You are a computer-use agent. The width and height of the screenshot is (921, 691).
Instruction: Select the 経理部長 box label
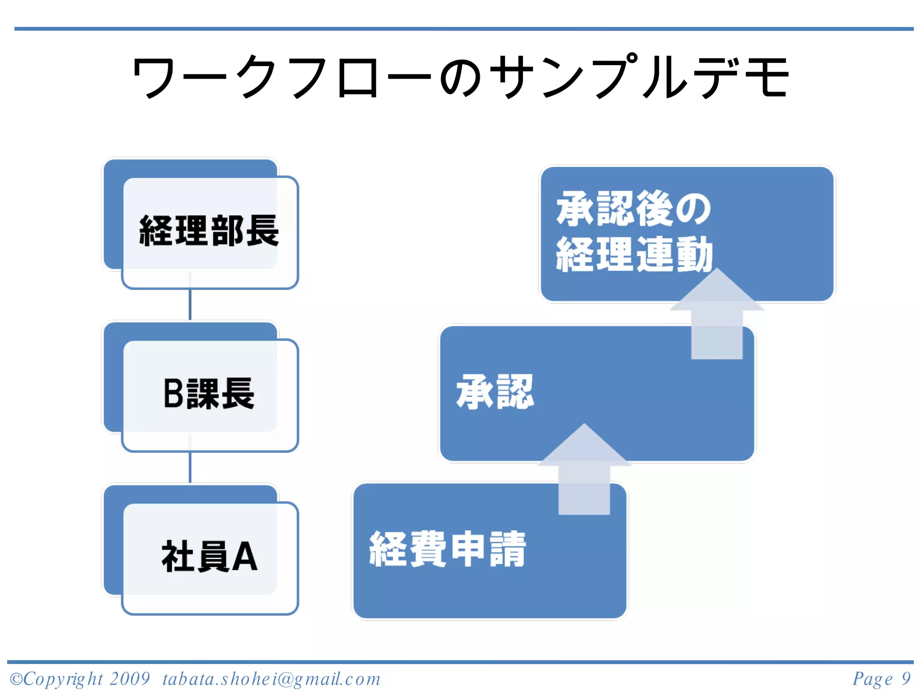pos(209,231)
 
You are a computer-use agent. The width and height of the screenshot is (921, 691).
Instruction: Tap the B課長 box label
pos(209,394)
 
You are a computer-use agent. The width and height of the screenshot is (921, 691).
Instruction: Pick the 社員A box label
pos(209,556)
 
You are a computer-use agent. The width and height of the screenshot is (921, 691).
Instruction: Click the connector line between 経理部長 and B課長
pos(190,304)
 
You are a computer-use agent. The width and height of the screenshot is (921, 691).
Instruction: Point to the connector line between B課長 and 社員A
pos(190,467)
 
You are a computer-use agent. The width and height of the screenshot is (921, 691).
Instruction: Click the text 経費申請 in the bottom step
pos(447,549)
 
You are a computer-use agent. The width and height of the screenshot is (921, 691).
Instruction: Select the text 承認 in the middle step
pos(495,392)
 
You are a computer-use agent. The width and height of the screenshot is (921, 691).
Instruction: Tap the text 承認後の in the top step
pos(633,208)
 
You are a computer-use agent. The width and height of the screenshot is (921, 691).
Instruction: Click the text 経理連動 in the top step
pos(634,254)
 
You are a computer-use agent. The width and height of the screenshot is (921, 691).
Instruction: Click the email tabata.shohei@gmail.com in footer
pos(272,679)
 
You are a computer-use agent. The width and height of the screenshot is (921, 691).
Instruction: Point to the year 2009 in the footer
pos(130,678)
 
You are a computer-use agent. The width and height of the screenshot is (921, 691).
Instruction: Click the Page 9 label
pos(881,678)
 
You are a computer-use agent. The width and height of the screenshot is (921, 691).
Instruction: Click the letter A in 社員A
pos(245,556)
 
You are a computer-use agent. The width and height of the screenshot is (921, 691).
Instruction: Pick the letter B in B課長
pos(174,394)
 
